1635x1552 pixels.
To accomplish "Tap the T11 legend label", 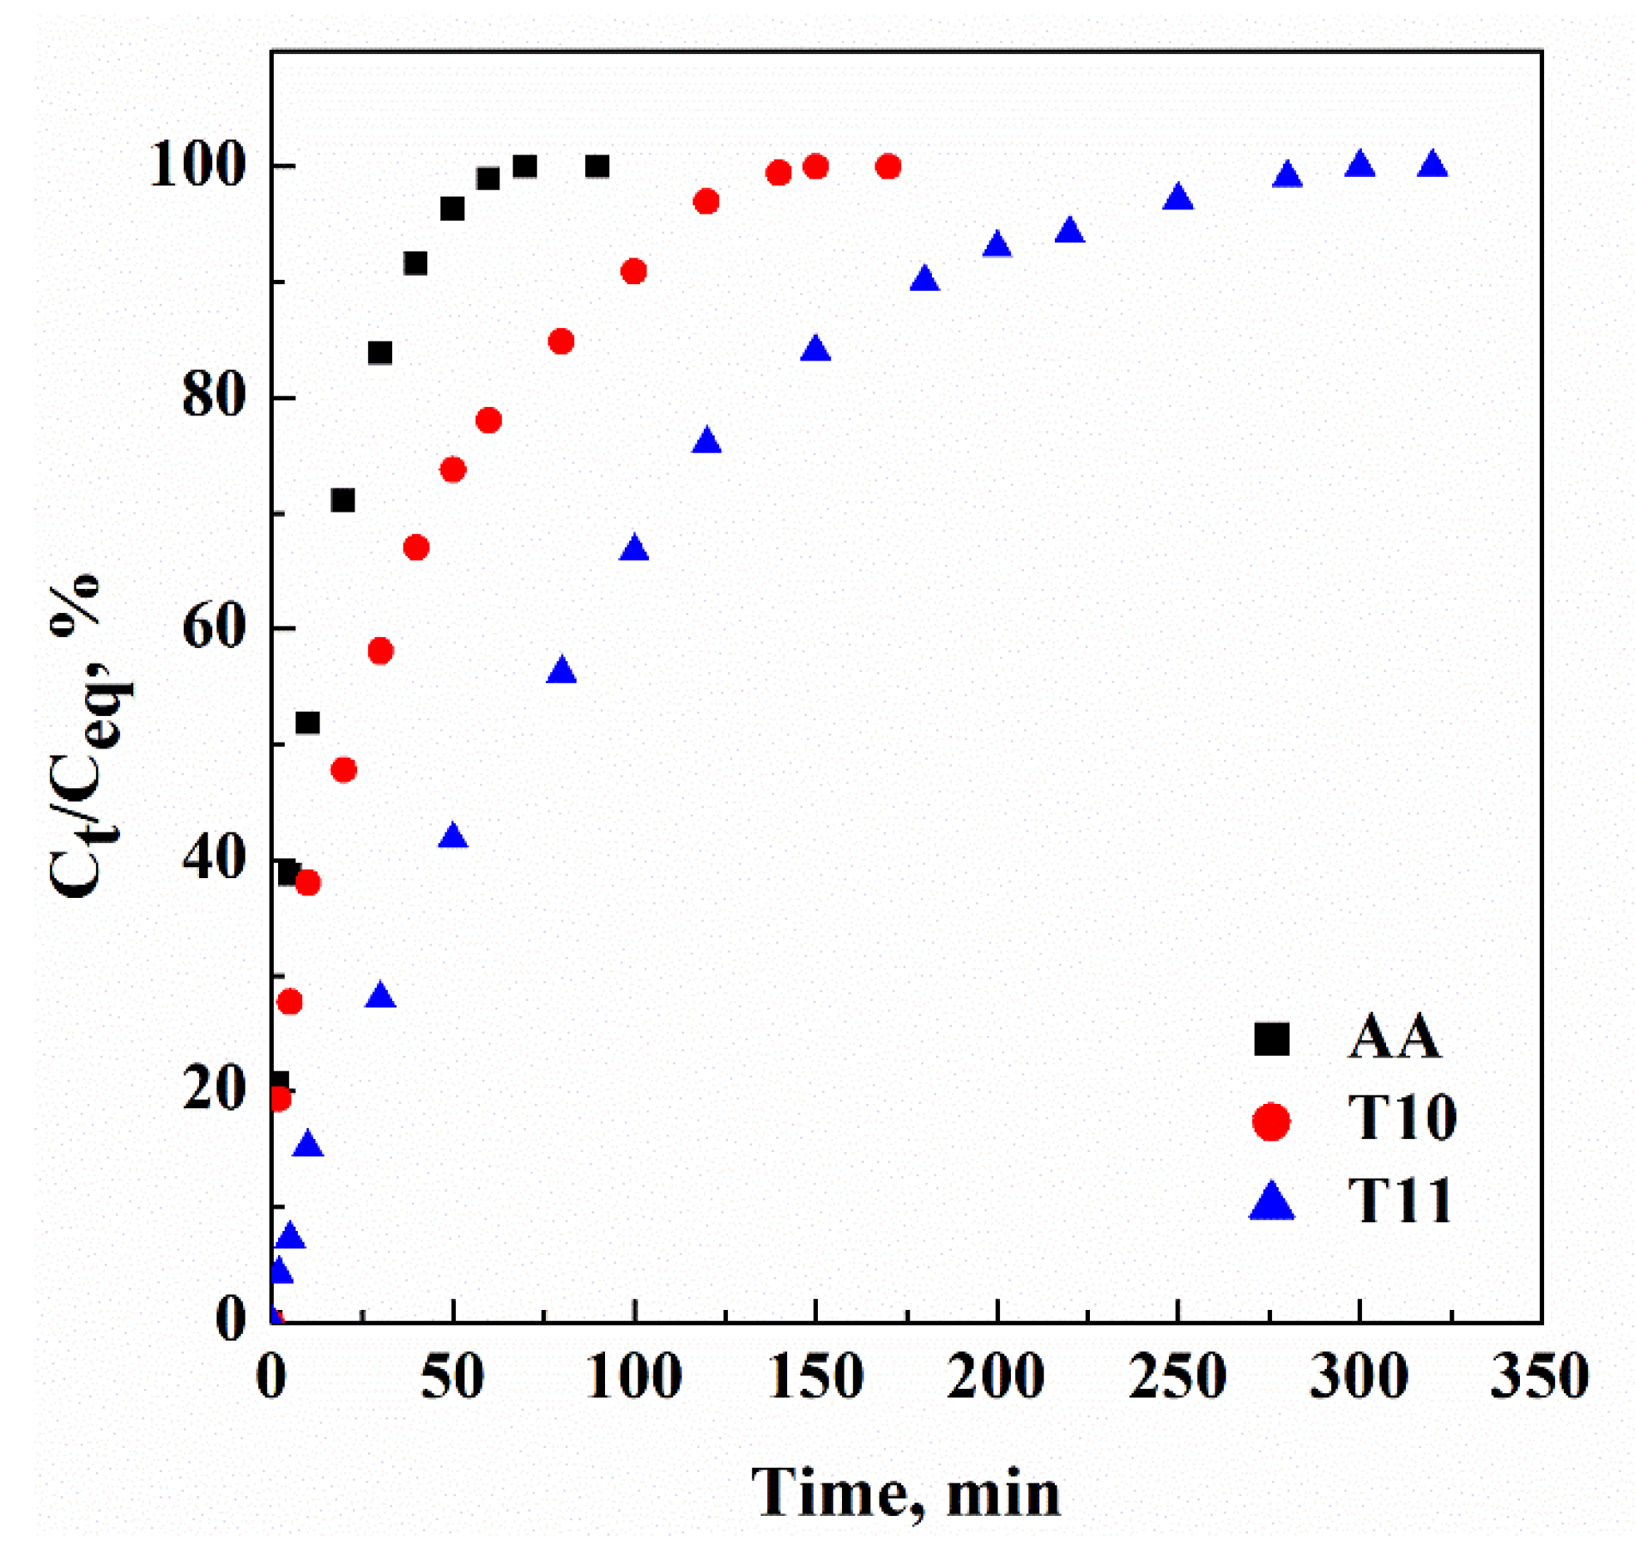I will click(1398, 1200).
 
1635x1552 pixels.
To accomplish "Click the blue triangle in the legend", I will click(1271, 1202).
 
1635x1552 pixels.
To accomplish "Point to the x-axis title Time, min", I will click(905, 1494).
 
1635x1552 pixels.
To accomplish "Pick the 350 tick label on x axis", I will click(1540, 1377).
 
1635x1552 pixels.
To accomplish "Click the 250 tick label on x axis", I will click(1177, 1377).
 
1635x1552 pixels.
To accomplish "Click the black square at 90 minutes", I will click(597, 167).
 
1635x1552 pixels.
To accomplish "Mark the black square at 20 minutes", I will click(343, 500).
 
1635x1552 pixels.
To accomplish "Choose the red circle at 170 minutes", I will click(888, 167).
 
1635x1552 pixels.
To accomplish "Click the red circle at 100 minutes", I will click(633, 272).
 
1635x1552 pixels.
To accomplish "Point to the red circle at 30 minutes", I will click(380, 652).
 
